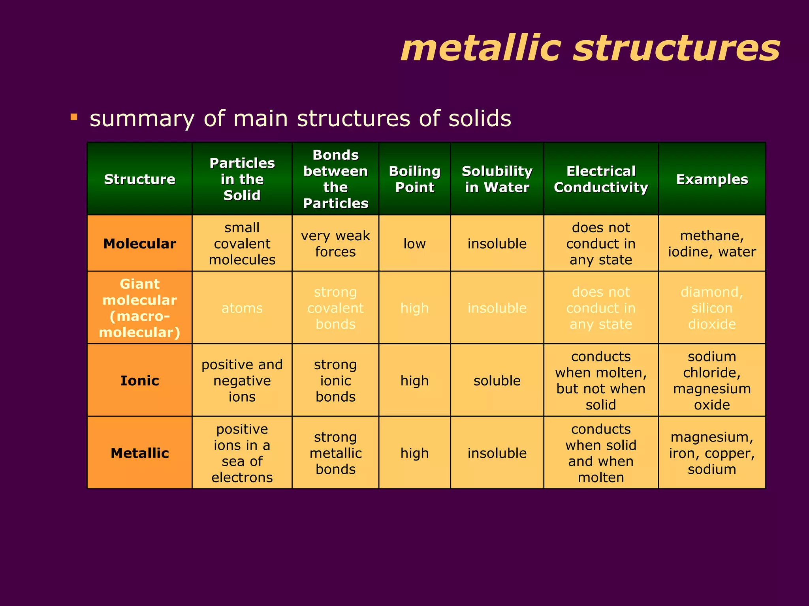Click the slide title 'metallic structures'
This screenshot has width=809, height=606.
click(590, 49)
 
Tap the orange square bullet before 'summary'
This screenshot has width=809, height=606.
click(74, 117)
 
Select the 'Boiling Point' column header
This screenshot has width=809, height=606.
click(414, 179)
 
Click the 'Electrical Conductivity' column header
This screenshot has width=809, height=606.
click(601, 179)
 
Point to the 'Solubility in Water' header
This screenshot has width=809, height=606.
click(497, 179)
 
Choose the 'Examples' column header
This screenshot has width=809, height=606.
click(712, 179)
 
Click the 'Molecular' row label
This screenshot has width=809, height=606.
click(139, 243)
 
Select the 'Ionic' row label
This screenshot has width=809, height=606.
click(139, 380)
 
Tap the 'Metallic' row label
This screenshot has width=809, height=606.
click(139, 453)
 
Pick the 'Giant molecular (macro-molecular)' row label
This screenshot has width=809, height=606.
click(139, 308)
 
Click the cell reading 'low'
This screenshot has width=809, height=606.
click(414, 243)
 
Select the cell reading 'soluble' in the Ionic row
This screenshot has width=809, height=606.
click(497, 380)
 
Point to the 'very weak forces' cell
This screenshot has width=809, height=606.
click(335, 243)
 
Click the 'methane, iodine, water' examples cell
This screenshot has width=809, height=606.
click(712, 243)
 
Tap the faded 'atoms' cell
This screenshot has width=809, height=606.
click(242, 308)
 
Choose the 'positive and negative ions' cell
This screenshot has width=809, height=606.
click(242, 380)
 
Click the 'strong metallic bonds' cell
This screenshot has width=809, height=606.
click(335, 453)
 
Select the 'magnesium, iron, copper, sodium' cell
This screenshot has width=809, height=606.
click(712, 453)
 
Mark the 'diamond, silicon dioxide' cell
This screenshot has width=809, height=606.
click(712, 308)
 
